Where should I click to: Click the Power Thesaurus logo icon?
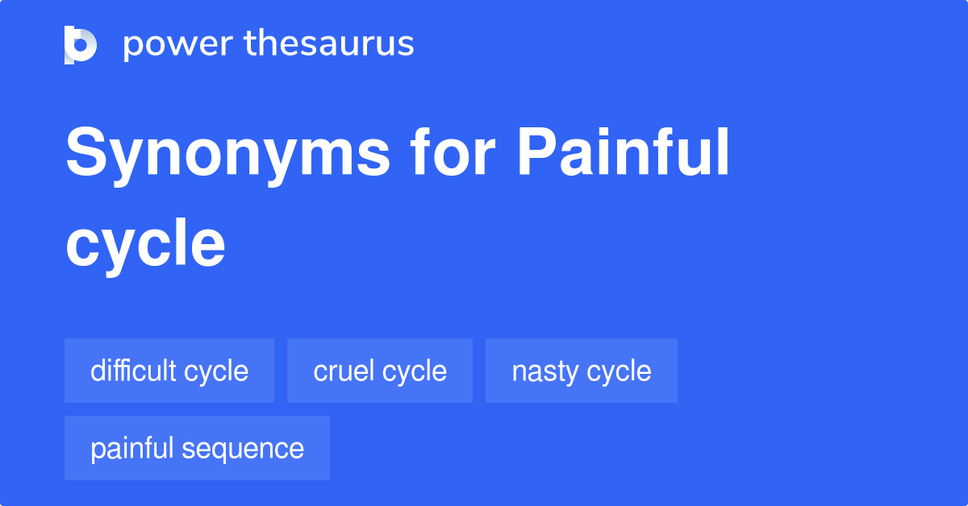pos(81,44)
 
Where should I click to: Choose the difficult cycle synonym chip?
pos(169,371)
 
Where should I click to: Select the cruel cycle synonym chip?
pos(380,371)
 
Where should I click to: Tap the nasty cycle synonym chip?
pos(582,371)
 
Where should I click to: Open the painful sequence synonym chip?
pos(197,448)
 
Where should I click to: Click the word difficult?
pos(133,371)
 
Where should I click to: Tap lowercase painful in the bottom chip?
pos(132,448)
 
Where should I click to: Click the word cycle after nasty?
pos(619,371)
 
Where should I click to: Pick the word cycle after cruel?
pos(415,371)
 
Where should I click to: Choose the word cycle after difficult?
pos(216,371)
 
